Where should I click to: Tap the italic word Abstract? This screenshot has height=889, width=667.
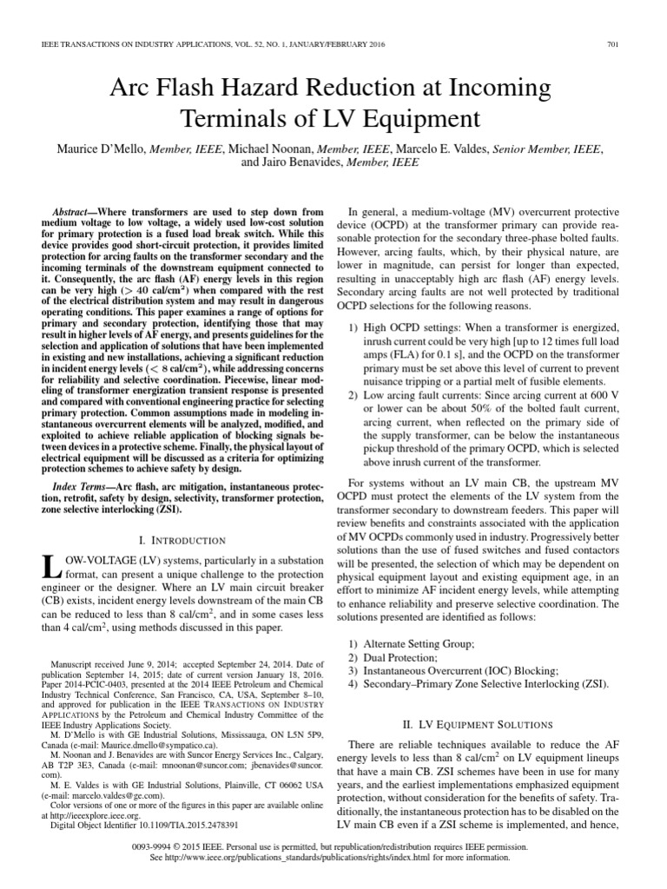pos(75,212)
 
